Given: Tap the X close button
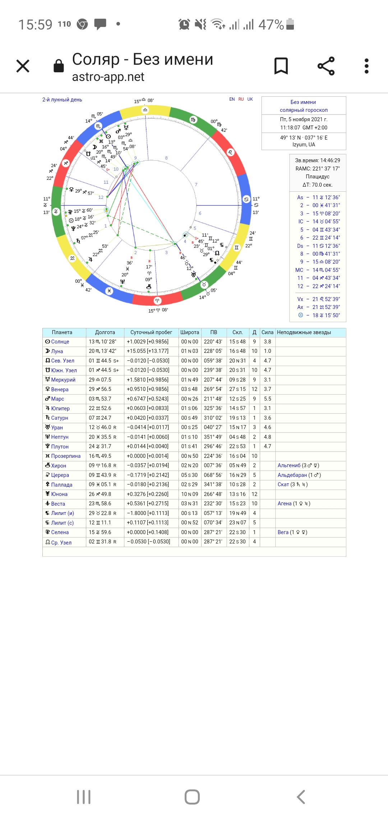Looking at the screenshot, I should click(23, 66).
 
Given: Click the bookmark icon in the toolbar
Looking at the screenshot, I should click(281, 66).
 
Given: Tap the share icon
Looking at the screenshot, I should click(326, 66).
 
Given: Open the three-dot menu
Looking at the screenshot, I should click(366, 66).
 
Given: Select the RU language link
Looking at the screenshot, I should click(241, 99).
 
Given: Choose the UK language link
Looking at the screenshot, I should click(250, 99).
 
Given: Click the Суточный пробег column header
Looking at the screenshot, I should click(151, 332).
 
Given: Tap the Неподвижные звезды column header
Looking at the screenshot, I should click(304, 332).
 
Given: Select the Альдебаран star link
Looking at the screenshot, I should click(292, 475).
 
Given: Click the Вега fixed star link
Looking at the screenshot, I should click(283, 532).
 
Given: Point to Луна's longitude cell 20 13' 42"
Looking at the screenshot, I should click(103, 351).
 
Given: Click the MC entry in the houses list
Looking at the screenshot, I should click(299, 270).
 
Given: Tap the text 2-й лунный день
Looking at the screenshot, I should click(62, 100).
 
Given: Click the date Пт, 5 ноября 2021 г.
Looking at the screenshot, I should click(304, 119).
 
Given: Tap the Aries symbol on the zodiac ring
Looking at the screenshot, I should click(157, 301).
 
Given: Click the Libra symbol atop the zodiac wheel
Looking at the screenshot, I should click(145, 110).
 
